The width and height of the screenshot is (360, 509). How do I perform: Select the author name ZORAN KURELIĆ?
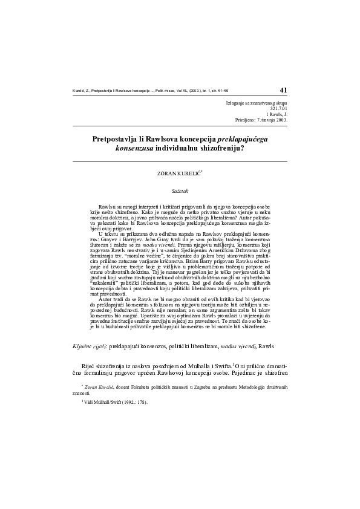tap(178, 173)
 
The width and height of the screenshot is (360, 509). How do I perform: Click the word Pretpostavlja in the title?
tap(117, 138)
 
